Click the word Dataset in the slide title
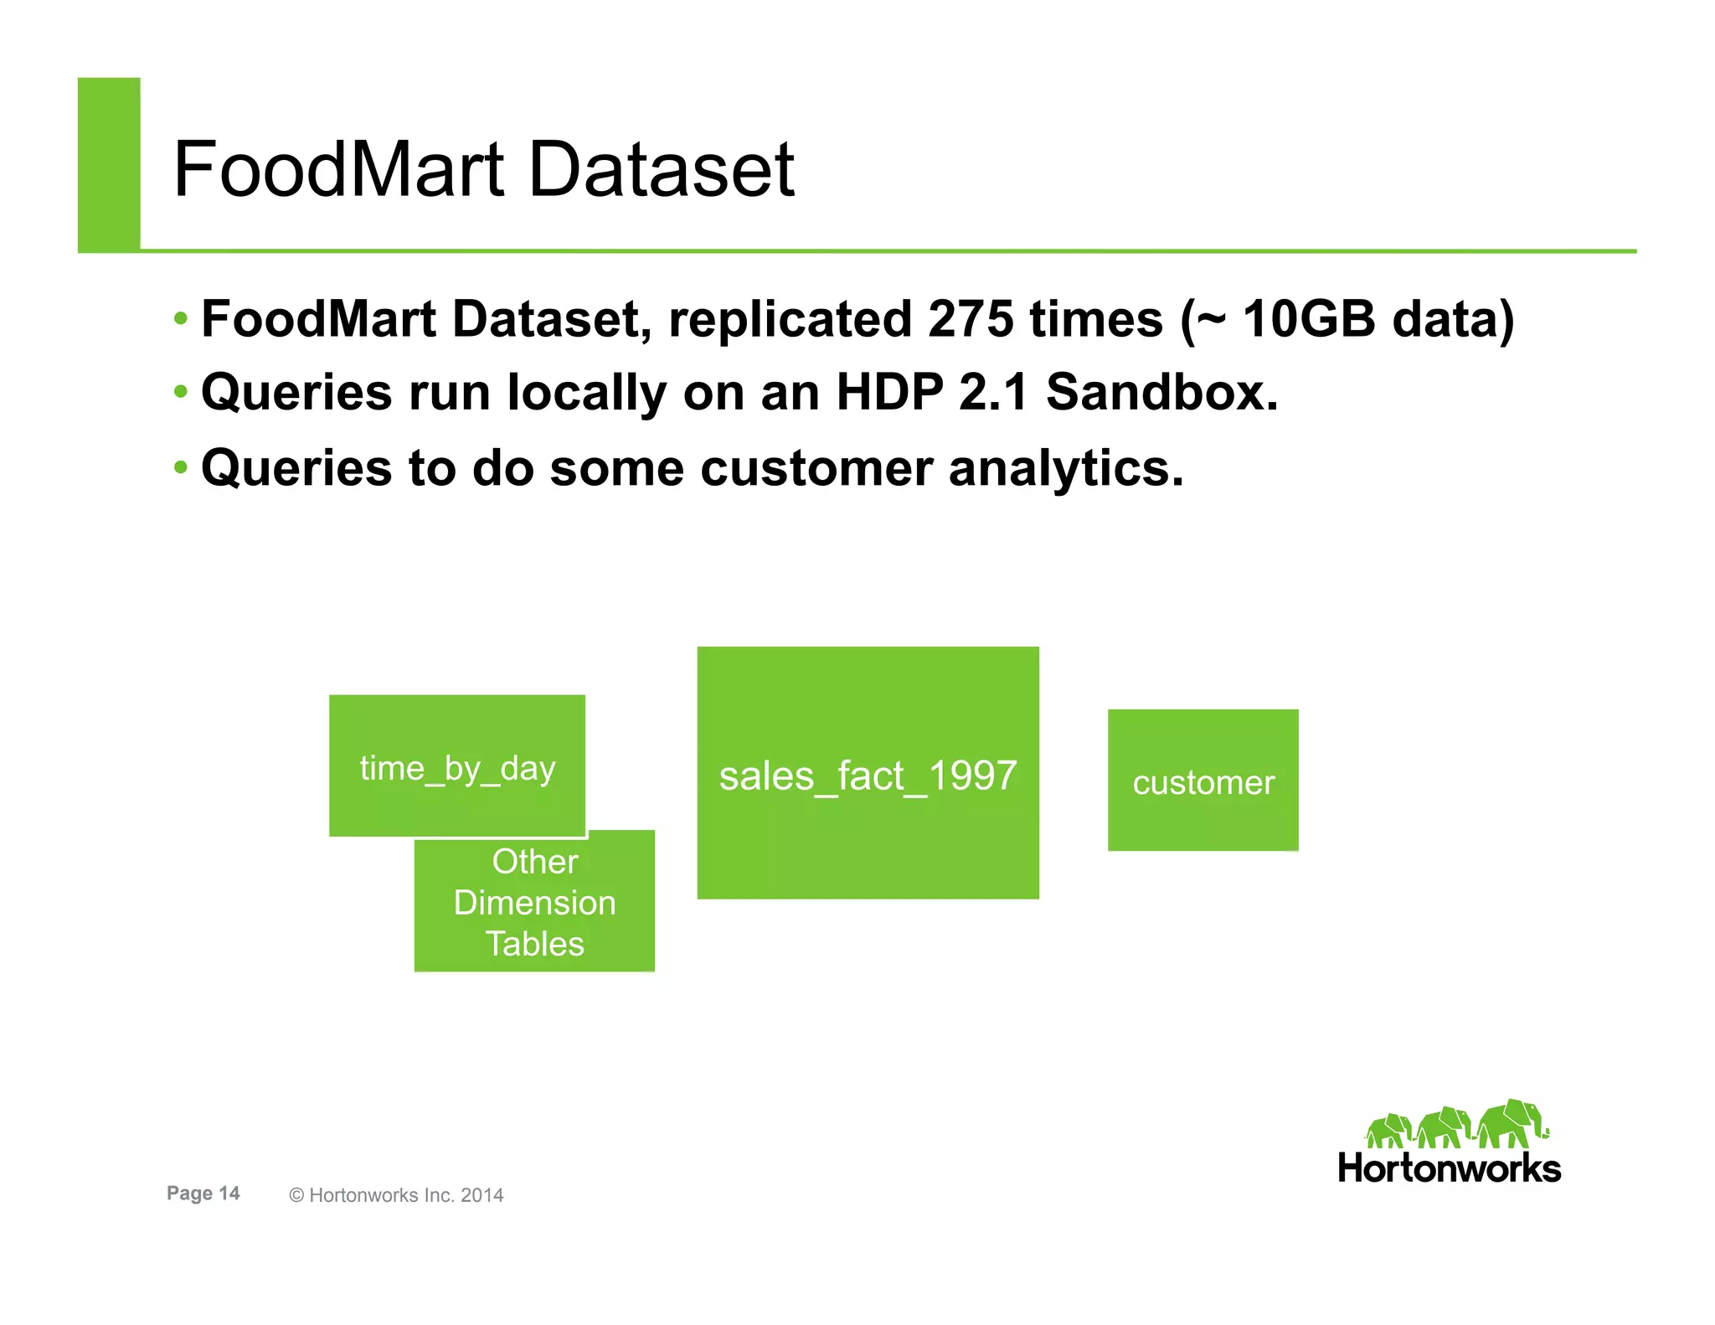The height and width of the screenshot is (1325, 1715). (x=662, y=170)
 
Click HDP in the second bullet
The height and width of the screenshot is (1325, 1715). (x=889, y=393)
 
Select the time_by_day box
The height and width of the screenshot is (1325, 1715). (x=457, y=766)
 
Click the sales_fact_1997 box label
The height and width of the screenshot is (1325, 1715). (x=868, y=776)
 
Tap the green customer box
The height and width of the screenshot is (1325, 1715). (x=1203, y=781)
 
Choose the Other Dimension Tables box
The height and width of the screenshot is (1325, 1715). (x=534, y=903)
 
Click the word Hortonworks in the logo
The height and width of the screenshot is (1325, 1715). (x=1449, y=1168)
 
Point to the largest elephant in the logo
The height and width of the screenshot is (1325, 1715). (x=1512, y=1124)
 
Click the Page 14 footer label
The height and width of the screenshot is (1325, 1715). (x=203, y=1194)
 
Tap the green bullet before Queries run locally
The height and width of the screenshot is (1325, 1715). (x=181, y=391)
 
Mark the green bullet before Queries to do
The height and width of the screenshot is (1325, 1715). (x=181, y=467)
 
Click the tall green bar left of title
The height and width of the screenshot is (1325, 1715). (x=109, y=164)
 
